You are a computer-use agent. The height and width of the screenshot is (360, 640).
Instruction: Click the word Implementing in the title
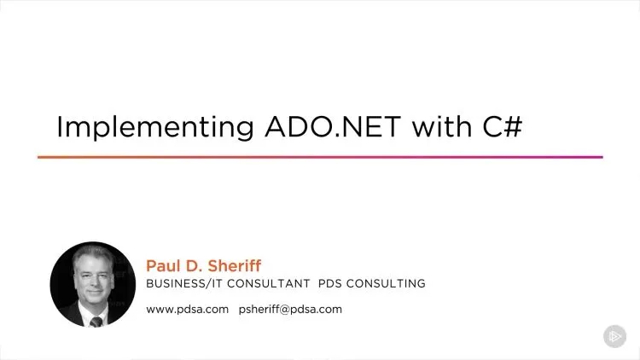(x=155, y=127)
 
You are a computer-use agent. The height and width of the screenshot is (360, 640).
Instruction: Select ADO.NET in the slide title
(x=333, y=126)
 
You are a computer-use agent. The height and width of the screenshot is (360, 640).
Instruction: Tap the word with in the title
(x=442, y=126)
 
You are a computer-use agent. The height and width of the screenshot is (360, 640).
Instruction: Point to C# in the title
(x=503, y=126)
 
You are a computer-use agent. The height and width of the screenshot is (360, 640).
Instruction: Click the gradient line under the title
(x=320, y=157)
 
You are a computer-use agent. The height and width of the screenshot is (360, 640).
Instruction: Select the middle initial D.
(x=194, y=265)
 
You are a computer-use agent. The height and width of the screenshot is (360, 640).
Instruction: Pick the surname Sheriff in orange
(x=235, y=265)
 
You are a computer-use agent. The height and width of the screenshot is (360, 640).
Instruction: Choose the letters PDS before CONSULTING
(x=329, y=283)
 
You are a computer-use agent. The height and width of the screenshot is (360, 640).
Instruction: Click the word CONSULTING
(x=386, y=283)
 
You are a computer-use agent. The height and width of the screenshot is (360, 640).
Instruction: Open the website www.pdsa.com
(x=188, y=310)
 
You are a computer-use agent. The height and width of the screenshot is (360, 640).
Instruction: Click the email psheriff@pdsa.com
(x=290, y=310)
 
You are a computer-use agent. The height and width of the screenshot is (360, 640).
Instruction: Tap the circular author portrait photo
(x=93, y=284)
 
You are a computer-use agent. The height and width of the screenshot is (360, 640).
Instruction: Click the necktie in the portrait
(x=96, y=322)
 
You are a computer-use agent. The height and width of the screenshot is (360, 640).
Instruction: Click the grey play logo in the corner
(x=614, y=336)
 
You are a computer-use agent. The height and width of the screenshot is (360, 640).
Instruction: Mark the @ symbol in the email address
(x=285, y=310)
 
